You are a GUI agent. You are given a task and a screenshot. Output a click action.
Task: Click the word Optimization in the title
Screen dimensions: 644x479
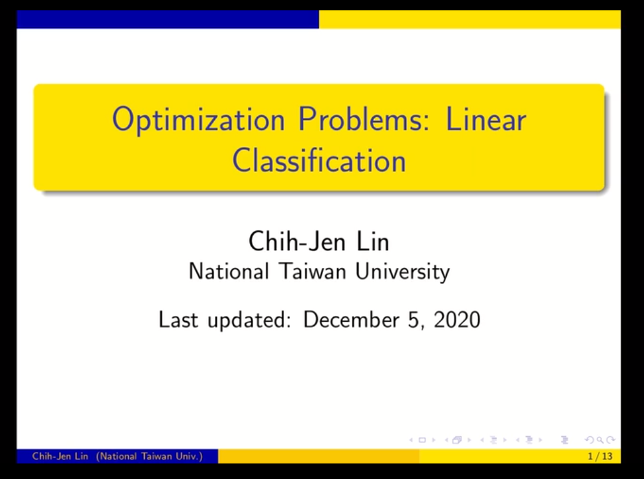pyautogui.click(x=198, y=120)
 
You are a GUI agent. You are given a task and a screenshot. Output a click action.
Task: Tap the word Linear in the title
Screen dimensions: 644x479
pyautogui.click(x=485, y=119)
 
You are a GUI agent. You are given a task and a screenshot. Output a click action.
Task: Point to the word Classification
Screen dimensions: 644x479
pyautogui.click(x=319, y=160)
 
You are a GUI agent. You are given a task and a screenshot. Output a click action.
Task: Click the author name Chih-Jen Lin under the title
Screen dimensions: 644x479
pyautogui.click(x=318, y=241)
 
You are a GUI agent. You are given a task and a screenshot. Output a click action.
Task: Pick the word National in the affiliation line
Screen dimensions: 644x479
pyautogui.click(x=228, y=271)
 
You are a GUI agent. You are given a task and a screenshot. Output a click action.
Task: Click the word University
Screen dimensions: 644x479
pyautogui.click(x=403, y=272)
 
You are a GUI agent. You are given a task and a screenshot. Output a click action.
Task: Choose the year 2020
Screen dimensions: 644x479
pyautogui.click(x=457, y=320)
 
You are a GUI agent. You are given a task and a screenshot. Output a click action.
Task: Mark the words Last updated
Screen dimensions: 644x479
pyautogui.click(x=225, y=320)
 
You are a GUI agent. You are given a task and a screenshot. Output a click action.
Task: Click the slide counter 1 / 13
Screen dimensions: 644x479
pyautogui.click(x=600, y=456)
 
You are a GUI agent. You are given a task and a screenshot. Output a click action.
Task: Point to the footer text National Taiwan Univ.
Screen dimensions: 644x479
pyautogui.click(x=150, y=456)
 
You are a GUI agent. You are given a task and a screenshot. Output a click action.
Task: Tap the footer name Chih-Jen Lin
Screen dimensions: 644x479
pyautogui.click(x=60, y=456)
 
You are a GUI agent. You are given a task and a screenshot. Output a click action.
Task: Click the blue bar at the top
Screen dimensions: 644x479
pyautogui.click(x=168, y=19)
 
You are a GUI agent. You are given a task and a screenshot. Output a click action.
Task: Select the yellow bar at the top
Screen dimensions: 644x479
pyautogui.click(x=470, y=19)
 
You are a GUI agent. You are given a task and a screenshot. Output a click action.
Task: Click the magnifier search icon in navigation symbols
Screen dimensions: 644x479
pyautogui.click(x=600, y=440)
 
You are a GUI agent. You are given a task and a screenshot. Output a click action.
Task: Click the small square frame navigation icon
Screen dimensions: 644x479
pyautogui.click(x=422, y=440)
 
